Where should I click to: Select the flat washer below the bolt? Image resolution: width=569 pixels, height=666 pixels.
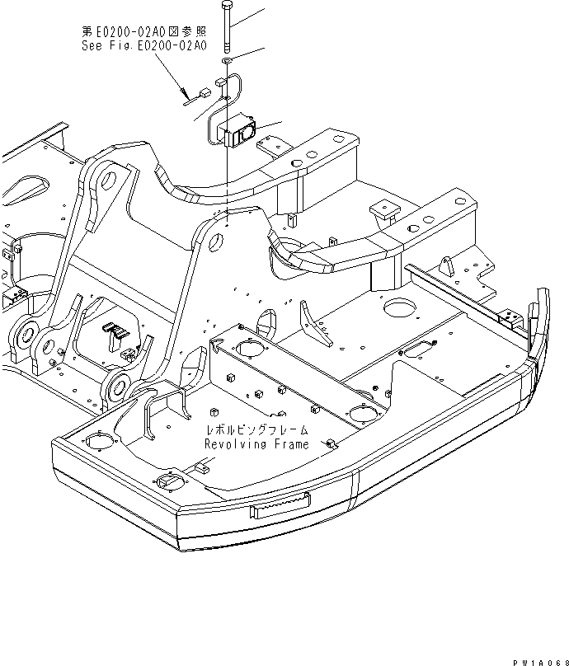(x=227, y=61)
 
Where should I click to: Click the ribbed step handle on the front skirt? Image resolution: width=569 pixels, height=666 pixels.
(x=281, y=507)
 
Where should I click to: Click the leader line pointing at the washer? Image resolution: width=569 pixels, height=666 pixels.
(x=252, y=54)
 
